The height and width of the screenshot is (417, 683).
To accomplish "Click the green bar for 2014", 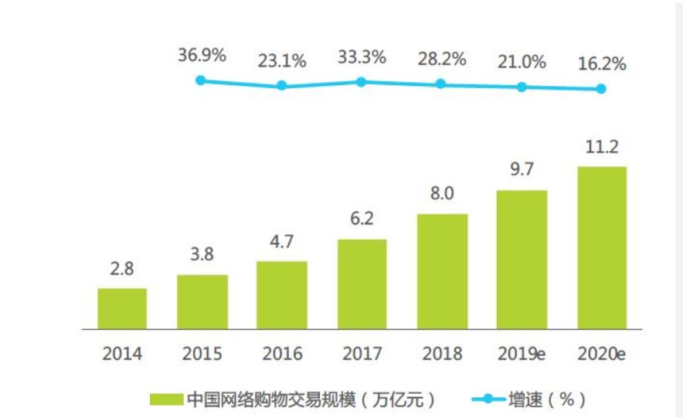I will [122, 309].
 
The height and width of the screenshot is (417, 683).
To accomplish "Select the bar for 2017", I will [361, 284].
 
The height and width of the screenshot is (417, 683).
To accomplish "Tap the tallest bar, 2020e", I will [601, 248].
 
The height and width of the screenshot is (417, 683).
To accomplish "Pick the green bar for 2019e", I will [522, 260].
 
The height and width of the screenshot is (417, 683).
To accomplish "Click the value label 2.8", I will [122, 271].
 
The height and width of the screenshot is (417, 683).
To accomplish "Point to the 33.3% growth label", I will [361, 57].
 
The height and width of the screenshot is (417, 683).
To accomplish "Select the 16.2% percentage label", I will [601, 63].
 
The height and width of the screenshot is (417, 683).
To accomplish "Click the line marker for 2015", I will [201, 80].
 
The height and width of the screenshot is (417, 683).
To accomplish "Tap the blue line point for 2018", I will [440, 84].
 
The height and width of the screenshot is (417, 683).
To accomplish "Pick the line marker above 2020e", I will [601, 89].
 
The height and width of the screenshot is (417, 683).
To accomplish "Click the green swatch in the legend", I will [166, 400].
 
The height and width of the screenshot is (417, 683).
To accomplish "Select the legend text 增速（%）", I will [545, 400].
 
